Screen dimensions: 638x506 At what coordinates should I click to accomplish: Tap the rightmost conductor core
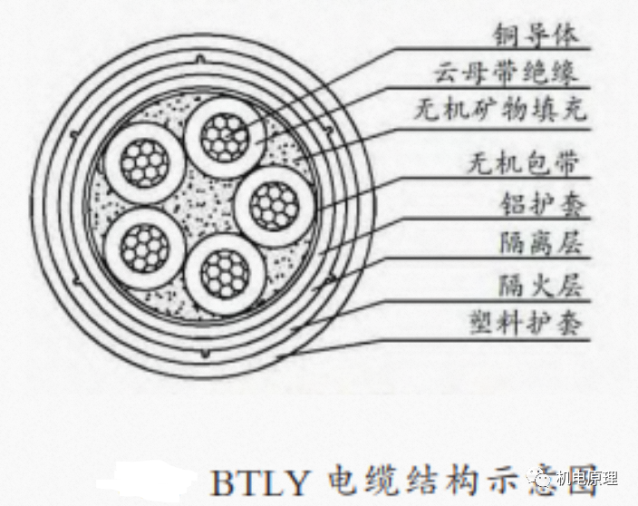273,205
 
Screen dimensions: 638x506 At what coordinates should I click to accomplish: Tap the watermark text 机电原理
588,478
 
